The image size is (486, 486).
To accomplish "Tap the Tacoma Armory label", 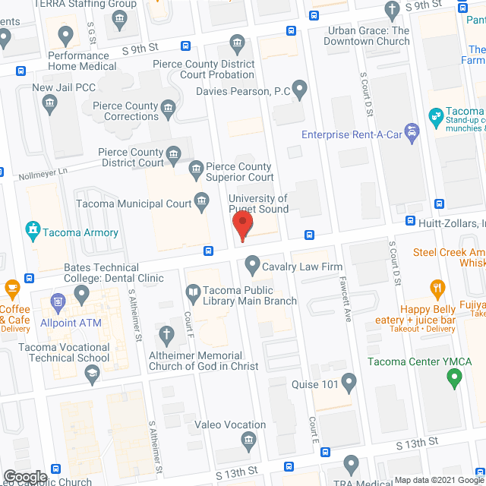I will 80,232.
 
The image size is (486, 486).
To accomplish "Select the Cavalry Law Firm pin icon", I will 252,266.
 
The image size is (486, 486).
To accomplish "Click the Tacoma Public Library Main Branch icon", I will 194,291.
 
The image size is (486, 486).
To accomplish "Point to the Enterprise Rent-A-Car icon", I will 412,134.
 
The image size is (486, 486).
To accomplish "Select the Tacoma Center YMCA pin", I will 453,374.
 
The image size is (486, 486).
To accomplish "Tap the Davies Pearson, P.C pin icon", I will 300,91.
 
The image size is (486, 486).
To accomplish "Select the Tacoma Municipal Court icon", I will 202,200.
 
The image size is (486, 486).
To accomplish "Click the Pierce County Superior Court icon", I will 196,167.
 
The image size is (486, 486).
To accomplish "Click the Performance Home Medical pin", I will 65,35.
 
